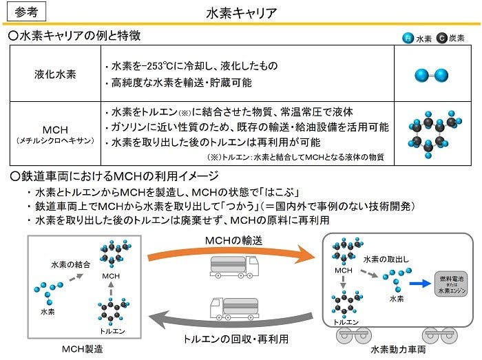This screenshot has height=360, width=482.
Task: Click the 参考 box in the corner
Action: pos(26,12)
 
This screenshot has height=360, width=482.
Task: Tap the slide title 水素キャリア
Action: pos(241,13)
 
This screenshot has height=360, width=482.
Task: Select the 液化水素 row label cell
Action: pos(55,74)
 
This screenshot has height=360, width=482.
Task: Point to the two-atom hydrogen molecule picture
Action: pos(431,75)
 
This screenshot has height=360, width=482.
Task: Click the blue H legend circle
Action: pos(408,38)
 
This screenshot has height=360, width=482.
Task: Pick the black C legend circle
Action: pos(442,38)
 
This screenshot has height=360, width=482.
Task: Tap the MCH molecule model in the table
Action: pos(434,134)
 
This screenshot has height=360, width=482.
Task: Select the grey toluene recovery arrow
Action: pos(231,321)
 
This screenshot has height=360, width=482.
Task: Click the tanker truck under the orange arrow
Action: pos(234,266)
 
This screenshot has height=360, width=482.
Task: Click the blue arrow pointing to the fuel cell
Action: pos(420,283)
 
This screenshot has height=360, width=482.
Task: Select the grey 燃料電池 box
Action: pos(451,284)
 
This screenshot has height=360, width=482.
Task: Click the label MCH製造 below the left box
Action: pos(83,349)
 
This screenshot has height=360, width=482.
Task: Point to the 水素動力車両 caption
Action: pos(398,350)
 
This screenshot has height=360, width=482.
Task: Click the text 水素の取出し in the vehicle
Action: pos(386,260)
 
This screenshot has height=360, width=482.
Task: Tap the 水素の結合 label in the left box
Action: pos(71,264)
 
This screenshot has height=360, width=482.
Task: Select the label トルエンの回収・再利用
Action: pos(235,339)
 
